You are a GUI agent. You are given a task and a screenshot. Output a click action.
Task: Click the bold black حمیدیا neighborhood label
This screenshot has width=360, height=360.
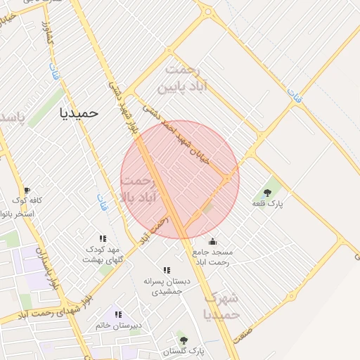pyautogui.click(x=80, y=112)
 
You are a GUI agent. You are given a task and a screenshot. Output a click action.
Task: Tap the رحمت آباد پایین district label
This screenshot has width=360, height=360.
pyautogui.click(x=182, y=79)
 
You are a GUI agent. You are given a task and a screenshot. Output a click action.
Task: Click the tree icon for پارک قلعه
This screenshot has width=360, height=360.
pyautogui.click(x=267, y=192)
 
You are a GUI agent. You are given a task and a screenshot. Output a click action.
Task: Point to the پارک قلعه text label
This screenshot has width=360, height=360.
pyautogui.click(x=267, y=203)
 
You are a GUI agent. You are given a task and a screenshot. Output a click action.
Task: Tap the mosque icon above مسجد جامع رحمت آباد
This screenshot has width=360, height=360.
pyautogui.click(x=212, y=241)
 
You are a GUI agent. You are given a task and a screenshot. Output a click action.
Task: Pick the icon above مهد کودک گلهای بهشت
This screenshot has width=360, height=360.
pyautogui.click(x=103, y=239)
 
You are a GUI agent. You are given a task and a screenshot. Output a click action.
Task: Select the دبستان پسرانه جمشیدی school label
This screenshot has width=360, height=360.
pyautogui.click(x=162, y=285)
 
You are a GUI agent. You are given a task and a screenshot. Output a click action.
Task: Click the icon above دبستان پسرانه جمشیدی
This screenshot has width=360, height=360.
pyautogui.click(x=167, y=270)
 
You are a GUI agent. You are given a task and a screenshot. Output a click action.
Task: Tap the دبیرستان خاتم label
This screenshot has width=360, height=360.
pyautogui.click(x=119, y=326)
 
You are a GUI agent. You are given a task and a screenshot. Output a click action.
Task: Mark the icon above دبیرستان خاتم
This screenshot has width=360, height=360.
pyautogui.click(x=118, y=314)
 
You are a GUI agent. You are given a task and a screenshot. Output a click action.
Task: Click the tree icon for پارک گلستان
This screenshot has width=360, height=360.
pyautogui.click(x=184, y=340)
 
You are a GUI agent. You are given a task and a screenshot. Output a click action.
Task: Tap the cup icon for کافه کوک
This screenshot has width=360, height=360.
pyautogui.click(x=27, y=191)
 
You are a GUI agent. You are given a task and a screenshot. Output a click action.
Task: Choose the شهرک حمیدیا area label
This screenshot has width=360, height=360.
pyautogui.click(x=221, y=306)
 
